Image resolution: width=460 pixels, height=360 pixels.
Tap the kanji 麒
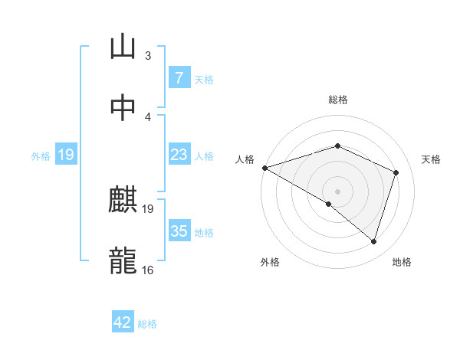[123, 200]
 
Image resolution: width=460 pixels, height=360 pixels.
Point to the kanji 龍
[123, 260]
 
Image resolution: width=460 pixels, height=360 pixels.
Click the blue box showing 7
[179, 77]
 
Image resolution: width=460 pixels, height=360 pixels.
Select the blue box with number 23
[179, 155]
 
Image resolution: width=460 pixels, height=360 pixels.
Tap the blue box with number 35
[179, 231]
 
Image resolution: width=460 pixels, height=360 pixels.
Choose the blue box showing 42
[123, 322]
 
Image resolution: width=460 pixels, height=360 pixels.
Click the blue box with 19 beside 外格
[66, 155]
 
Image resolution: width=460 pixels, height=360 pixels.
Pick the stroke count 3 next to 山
[148, 55]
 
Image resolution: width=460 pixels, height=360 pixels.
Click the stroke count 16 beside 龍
[148, 270]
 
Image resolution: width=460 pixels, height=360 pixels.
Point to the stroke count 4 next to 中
[148, 116]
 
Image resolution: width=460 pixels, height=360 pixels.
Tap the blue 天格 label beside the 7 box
[204, 79]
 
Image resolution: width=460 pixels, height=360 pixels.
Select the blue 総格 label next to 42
[147, 324]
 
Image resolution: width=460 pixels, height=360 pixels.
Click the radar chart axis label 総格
[337, 100]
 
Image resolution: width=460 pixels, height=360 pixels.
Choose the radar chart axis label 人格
[245, 159]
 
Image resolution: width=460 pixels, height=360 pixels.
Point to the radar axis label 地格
[402, 262]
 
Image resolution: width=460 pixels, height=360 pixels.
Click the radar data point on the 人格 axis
[264, 168]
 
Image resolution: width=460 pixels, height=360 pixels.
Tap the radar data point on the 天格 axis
[396, 172]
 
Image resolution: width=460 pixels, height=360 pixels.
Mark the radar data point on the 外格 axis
[329, 204]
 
